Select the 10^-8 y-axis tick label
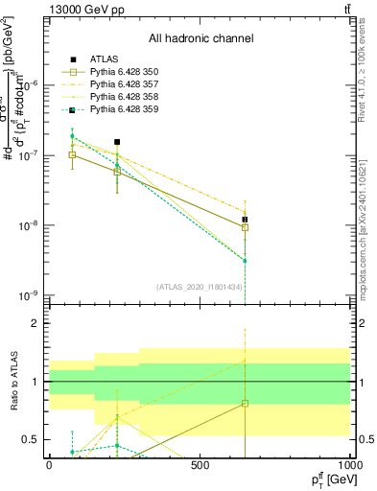click(31, 225)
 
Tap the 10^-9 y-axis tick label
click(31, 295)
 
